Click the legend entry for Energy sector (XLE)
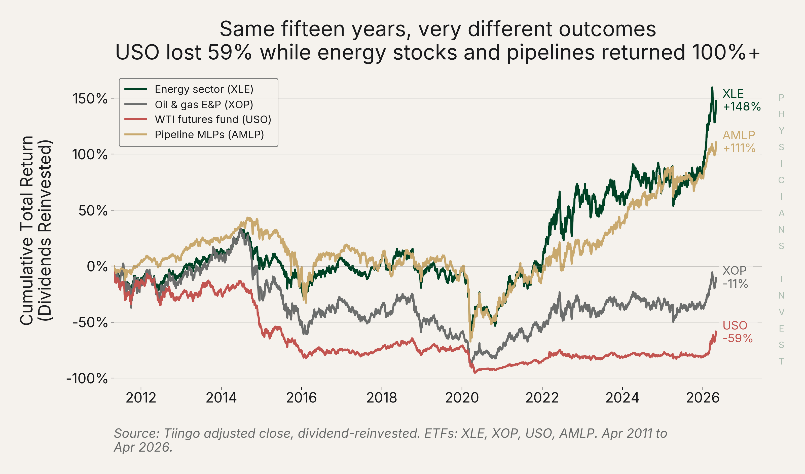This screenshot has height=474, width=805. [x=189, y=89]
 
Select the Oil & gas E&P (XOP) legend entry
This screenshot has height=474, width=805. [x=189, y=104]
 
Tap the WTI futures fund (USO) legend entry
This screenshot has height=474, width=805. [x=197, y=120]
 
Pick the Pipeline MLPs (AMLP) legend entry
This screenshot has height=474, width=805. [x=194, y=134]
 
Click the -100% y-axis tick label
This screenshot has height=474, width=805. [x=87, y=379]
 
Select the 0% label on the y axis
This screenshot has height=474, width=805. [x=97, y=266]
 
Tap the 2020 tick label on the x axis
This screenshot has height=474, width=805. [x=462, y=398]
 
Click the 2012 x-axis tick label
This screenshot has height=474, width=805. [x=141, y=398]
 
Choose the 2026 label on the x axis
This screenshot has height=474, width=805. [x=703, y=398]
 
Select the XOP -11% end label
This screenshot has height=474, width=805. [x=735, y=277]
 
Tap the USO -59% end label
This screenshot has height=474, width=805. [x=738, y=332]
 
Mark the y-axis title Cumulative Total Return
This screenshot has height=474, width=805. [x=27, y=230]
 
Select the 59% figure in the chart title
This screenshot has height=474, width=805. [x=229, y=52]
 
